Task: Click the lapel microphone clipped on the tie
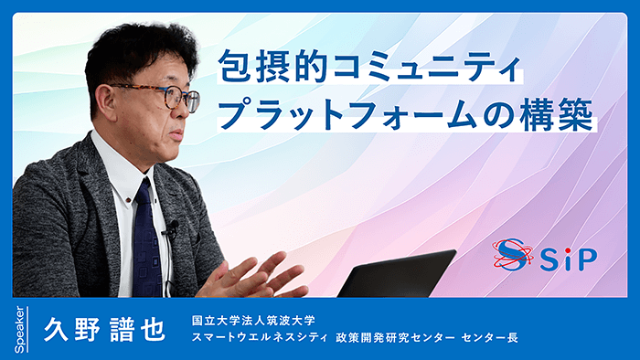tap(169, 228)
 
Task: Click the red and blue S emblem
tap(513, 257)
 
